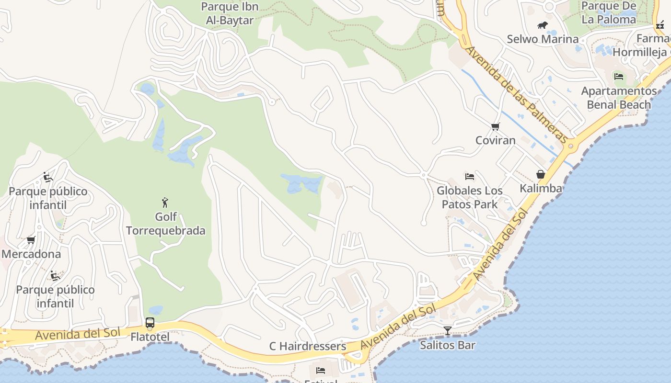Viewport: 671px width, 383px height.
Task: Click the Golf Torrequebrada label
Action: pos(166,224)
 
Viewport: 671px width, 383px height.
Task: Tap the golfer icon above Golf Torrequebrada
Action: pos(165,203)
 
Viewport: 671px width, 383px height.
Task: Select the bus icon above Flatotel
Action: pos(150,323)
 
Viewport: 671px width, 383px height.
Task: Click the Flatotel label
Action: pos(150,337)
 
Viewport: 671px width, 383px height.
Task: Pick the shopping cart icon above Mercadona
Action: pos(31,240)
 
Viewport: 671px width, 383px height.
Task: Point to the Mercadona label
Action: pos(31,254)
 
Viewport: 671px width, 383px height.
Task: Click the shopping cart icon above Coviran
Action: pos(495,126)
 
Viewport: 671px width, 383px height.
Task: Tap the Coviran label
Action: pos(496,140)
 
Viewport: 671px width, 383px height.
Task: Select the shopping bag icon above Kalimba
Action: pos(541,174)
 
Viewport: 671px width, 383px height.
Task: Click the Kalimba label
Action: pos(541,188)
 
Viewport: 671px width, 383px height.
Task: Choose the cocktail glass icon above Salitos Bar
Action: pos(448,330)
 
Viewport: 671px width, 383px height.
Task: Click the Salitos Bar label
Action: pos(448,345)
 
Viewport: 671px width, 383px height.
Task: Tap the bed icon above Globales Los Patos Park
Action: pos(470,177)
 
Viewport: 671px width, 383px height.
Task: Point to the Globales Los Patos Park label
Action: pos(470,197)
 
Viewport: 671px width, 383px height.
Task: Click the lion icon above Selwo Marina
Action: pos(543,25)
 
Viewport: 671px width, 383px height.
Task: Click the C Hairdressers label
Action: pos(308,346)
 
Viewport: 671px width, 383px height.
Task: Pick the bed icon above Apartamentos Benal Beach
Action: pos(619,76)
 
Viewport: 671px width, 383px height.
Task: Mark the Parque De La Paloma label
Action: pos(609,13)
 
